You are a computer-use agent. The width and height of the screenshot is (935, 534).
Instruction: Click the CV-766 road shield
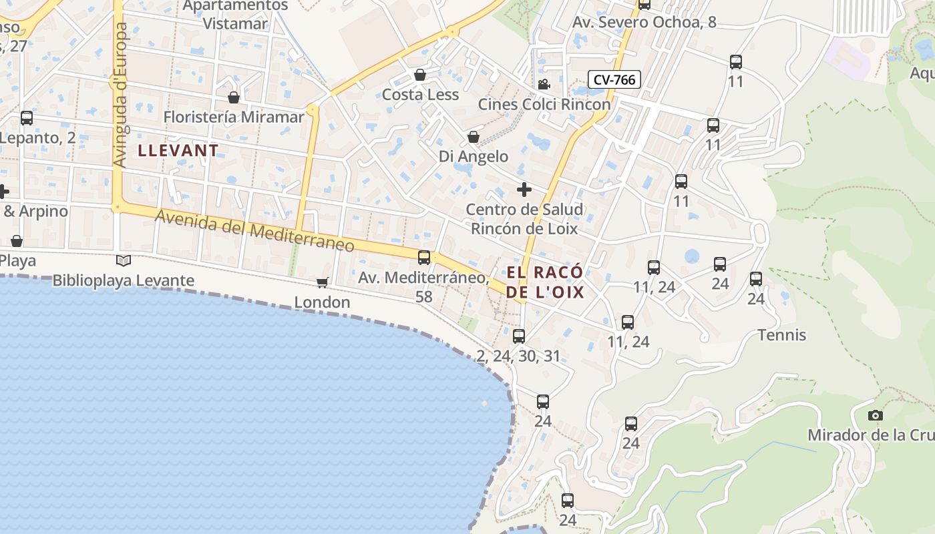pyautogui.click(x=614, y=79)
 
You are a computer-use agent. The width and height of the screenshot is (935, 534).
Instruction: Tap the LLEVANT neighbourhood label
pyautogui.click(x=178, y=150)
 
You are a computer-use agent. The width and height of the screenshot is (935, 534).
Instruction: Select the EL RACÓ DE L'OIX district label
pyautogui.click(x=545, y=282)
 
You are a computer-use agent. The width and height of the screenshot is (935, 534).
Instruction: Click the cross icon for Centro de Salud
pyautogui.click(x=524, y=190)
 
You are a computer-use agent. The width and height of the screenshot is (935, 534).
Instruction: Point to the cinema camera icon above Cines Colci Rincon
pyautogui.click(x=544, y=84)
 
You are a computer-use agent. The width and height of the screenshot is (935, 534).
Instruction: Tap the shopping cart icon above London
pyautogui.click(x=322, y=282)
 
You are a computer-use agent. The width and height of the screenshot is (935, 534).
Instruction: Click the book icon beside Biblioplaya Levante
pyautogui.click(x=123, y=260)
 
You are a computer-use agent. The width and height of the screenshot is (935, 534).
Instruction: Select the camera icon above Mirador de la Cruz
pyautogui.click(x=875, y=415)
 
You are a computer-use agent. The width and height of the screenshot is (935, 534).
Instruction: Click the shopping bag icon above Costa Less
pyautogui.click(x=420, y=75)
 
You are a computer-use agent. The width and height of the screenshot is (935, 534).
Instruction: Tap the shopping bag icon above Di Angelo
pyautogui.click(x=474, y=137)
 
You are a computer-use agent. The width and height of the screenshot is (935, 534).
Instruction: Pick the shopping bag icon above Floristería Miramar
pyautogui.click(x=234, y=97)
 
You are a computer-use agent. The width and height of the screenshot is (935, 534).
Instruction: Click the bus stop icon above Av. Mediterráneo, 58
pyautogui.click(x=424, y=257)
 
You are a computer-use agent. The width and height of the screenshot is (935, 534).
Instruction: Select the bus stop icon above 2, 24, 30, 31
pyautogui.click(x=519, y=336)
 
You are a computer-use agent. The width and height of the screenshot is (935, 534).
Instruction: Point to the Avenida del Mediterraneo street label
pyautogui.click(x=255, y=230)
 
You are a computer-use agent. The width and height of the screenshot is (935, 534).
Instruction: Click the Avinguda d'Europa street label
pyautogui.click(x=120, y=95)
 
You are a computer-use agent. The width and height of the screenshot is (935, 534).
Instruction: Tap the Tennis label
pyautogui.click(x=781, y=335)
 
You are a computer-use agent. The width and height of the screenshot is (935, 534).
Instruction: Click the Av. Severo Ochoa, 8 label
pyautogui.click(x=644, y=22)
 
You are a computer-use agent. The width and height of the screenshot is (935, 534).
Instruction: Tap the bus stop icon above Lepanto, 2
pyautogui.click(x=27, y=118)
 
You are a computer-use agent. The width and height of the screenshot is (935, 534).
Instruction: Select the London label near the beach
pyautogui.click(x=323, y=302)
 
